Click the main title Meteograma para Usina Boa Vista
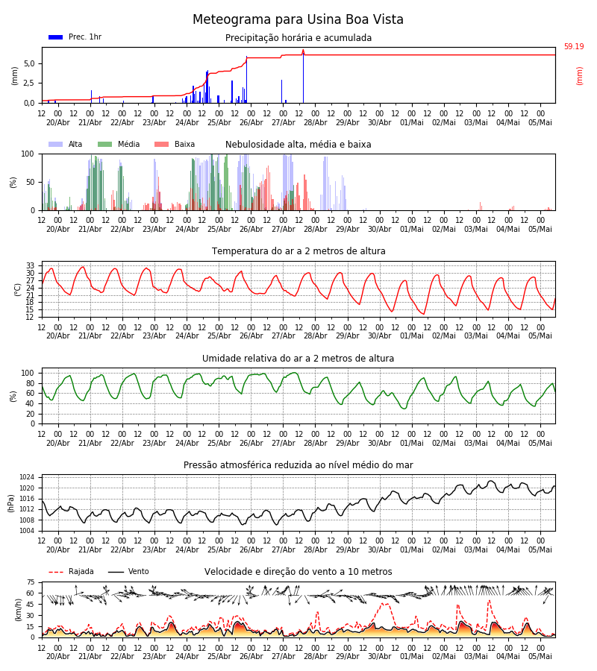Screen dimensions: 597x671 (x=298, y=19)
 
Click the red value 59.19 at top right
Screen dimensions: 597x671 (x=574, y=47)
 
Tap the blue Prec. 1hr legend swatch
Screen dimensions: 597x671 (x=56, y=37)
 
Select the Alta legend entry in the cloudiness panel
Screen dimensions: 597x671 (x=66, y=144)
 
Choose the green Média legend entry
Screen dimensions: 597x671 (x=119, y=144)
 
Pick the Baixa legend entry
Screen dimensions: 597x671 (x=175, y=144)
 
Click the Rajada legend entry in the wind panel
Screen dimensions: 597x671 (x=71, y=572)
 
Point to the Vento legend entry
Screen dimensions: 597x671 (x=128, y=572)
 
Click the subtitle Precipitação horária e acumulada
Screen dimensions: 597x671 (x=298, y=38)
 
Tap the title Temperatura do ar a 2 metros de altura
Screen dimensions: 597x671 (x=298, y=251)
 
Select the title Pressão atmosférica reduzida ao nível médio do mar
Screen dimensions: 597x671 (x=298, y=465)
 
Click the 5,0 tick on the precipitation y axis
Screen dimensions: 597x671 (x=30, y=64)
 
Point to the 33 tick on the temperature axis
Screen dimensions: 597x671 (x=30, y=265)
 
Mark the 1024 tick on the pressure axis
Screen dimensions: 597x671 (x=27, y=478)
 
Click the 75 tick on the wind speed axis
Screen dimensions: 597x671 (x=31, y=582)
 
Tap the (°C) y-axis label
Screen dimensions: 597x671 (x=18, y=289)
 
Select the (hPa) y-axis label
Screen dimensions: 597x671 (x=10, y=503)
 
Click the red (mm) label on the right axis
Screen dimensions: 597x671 (x=579, y=76)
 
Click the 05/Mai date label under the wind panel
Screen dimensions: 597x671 (x=540, y=656)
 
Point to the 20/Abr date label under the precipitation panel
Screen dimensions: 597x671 (x=57, y=122)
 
